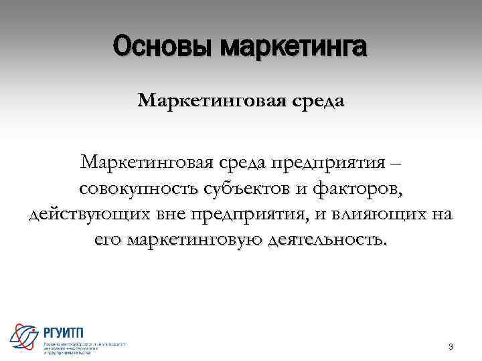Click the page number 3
click(451, 347)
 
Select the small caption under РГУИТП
click(84, 348)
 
